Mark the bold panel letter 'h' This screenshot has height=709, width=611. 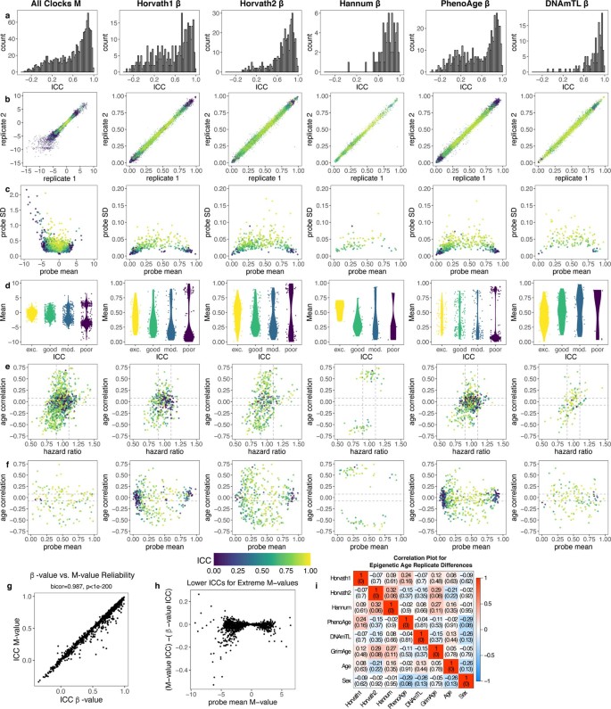pos(209,587)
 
